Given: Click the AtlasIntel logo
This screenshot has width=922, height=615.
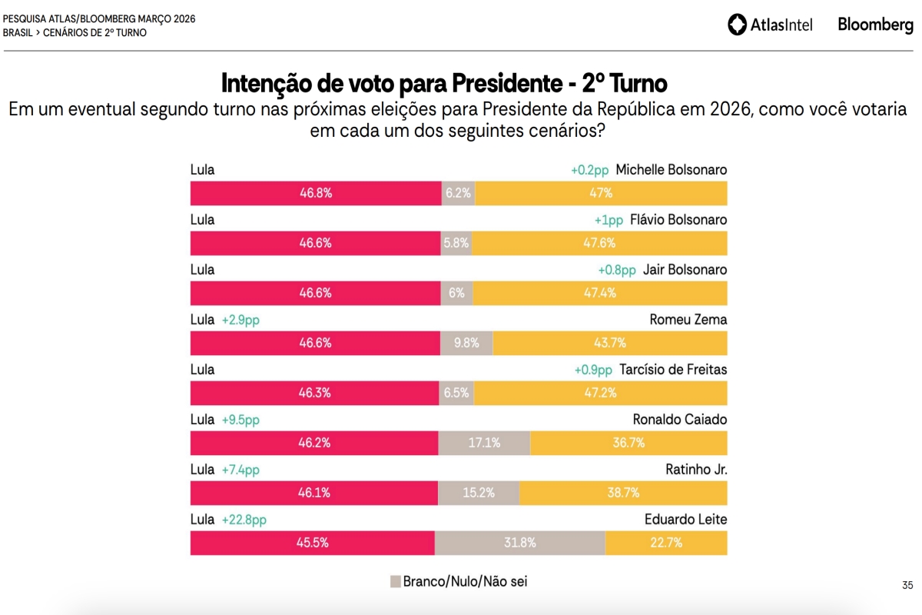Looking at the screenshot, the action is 770,25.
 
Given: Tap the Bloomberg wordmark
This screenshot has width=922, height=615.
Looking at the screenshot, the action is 875,25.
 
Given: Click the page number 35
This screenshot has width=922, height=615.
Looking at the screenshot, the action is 907,586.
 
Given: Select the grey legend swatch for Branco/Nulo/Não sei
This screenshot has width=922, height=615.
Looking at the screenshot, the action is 396,581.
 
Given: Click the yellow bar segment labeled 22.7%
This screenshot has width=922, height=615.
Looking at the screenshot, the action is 665,543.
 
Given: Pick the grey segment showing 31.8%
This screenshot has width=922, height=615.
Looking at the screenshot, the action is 520,543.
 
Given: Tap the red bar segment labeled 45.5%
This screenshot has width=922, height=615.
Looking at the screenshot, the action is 313,543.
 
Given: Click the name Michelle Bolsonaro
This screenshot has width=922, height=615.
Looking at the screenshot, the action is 671,170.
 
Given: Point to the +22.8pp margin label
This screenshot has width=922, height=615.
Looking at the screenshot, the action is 244,520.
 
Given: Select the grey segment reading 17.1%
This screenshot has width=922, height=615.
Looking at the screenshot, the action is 484,443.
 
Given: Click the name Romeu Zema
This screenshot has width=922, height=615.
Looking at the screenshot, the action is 688,320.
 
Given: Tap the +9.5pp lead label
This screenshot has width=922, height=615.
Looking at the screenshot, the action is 240,420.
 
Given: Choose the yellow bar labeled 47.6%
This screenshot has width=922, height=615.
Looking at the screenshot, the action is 599,243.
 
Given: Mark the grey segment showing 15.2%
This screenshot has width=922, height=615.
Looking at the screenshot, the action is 479,493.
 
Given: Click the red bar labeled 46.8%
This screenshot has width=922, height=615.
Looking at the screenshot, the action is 316,193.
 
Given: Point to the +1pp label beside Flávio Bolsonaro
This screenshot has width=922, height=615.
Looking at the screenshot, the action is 609,220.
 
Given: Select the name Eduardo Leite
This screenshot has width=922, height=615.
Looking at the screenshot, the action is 685,520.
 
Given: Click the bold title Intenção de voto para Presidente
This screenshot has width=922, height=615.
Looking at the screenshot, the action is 444,82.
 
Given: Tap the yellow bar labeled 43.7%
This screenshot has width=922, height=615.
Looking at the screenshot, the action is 610,343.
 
